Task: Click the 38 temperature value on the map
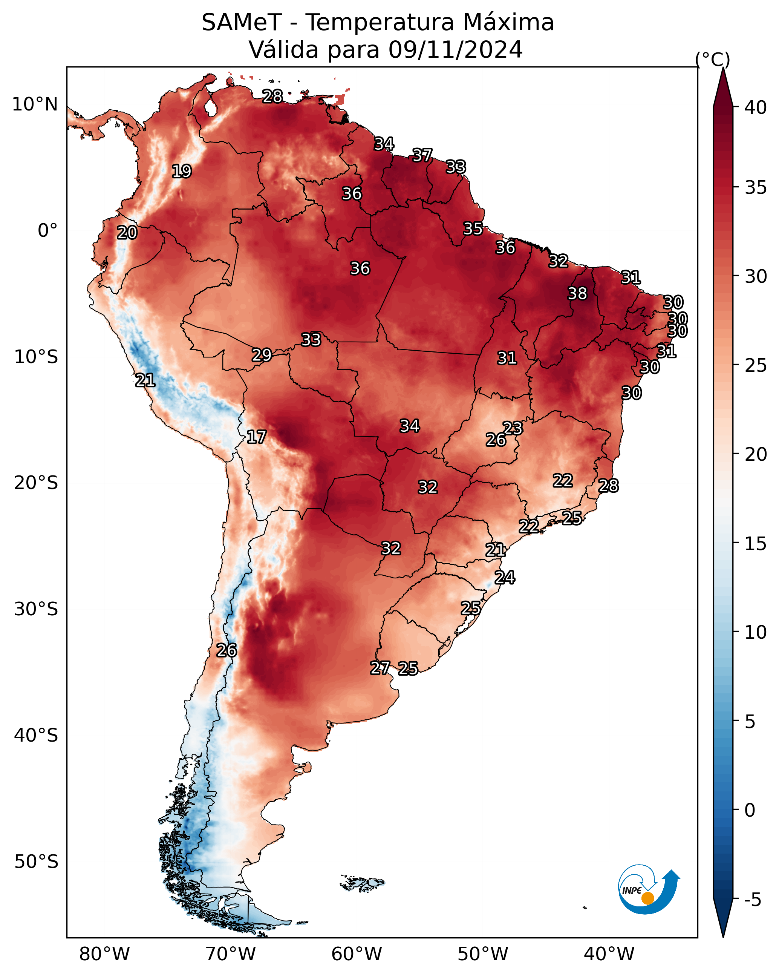[577, 293]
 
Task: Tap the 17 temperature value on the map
[256, 437]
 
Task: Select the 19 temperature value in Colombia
[182, 172]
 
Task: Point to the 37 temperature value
[422, 155]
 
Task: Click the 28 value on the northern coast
[272, 96]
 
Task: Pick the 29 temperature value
[262, 355]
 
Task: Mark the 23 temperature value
[513, 428]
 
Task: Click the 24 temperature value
[505, 578]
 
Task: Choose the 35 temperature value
[473, 228]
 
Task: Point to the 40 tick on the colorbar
[756, 107]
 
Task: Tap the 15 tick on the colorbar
[756, 544]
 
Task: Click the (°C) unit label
[713, 59]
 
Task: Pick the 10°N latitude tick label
[35, 104]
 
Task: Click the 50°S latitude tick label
[36, 862]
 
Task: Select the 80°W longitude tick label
[104, 954]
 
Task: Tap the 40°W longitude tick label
[609, 954]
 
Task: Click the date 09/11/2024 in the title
[455, 49]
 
